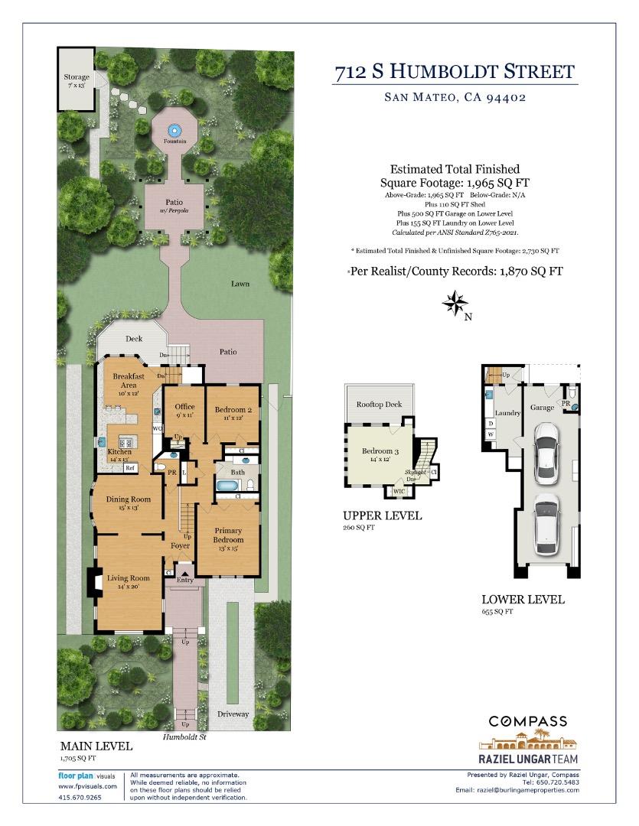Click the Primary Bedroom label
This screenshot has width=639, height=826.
tap(228, 535)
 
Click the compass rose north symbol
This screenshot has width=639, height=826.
tap(456, 304)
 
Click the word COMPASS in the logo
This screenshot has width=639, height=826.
tap(528, 720)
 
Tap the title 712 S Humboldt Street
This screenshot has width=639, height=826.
tap(455, 73)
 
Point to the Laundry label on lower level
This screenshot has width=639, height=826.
tap(507, 413)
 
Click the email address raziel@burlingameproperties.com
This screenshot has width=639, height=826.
tap(528, 789)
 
